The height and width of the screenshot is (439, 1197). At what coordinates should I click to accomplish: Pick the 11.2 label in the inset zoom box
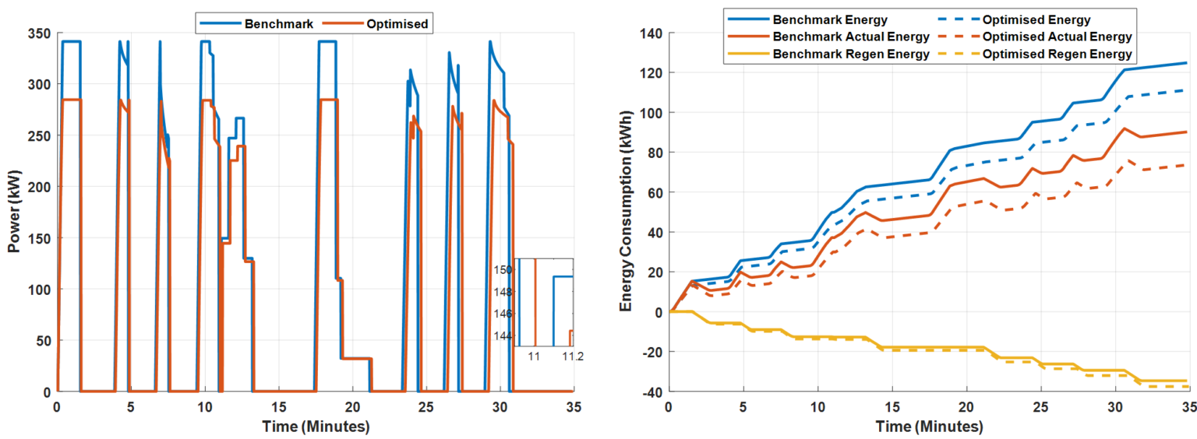point(573,356)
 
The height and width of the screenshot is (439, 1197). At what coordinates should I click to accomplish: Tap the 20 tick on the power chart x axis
point(352,407)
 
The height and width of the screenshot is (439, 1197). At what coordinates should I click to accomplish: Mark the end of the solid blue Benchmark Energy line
point(1186,63)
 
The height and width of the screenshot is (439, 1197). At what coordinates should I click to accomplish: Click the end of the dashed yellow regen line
point(1186,386)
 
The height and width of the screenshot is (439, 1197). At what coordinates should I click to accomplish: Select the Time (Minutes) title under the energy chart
point(927,427)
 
